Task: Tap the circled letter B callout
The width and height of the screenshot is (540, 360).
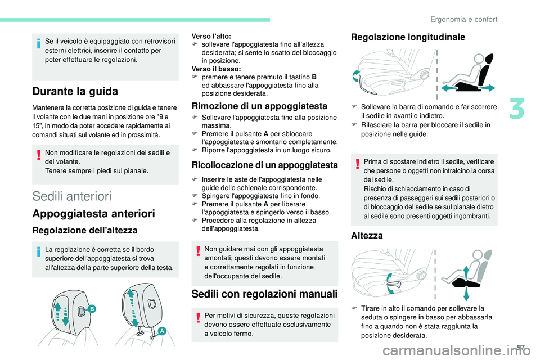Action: [x=92, y=309]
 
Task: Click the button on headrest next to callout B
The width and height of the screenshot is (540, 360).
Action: [x=82, y=310]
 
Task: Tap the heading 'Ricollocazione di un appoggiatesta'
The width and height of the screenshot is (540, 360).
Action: [x=264, y=165]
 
